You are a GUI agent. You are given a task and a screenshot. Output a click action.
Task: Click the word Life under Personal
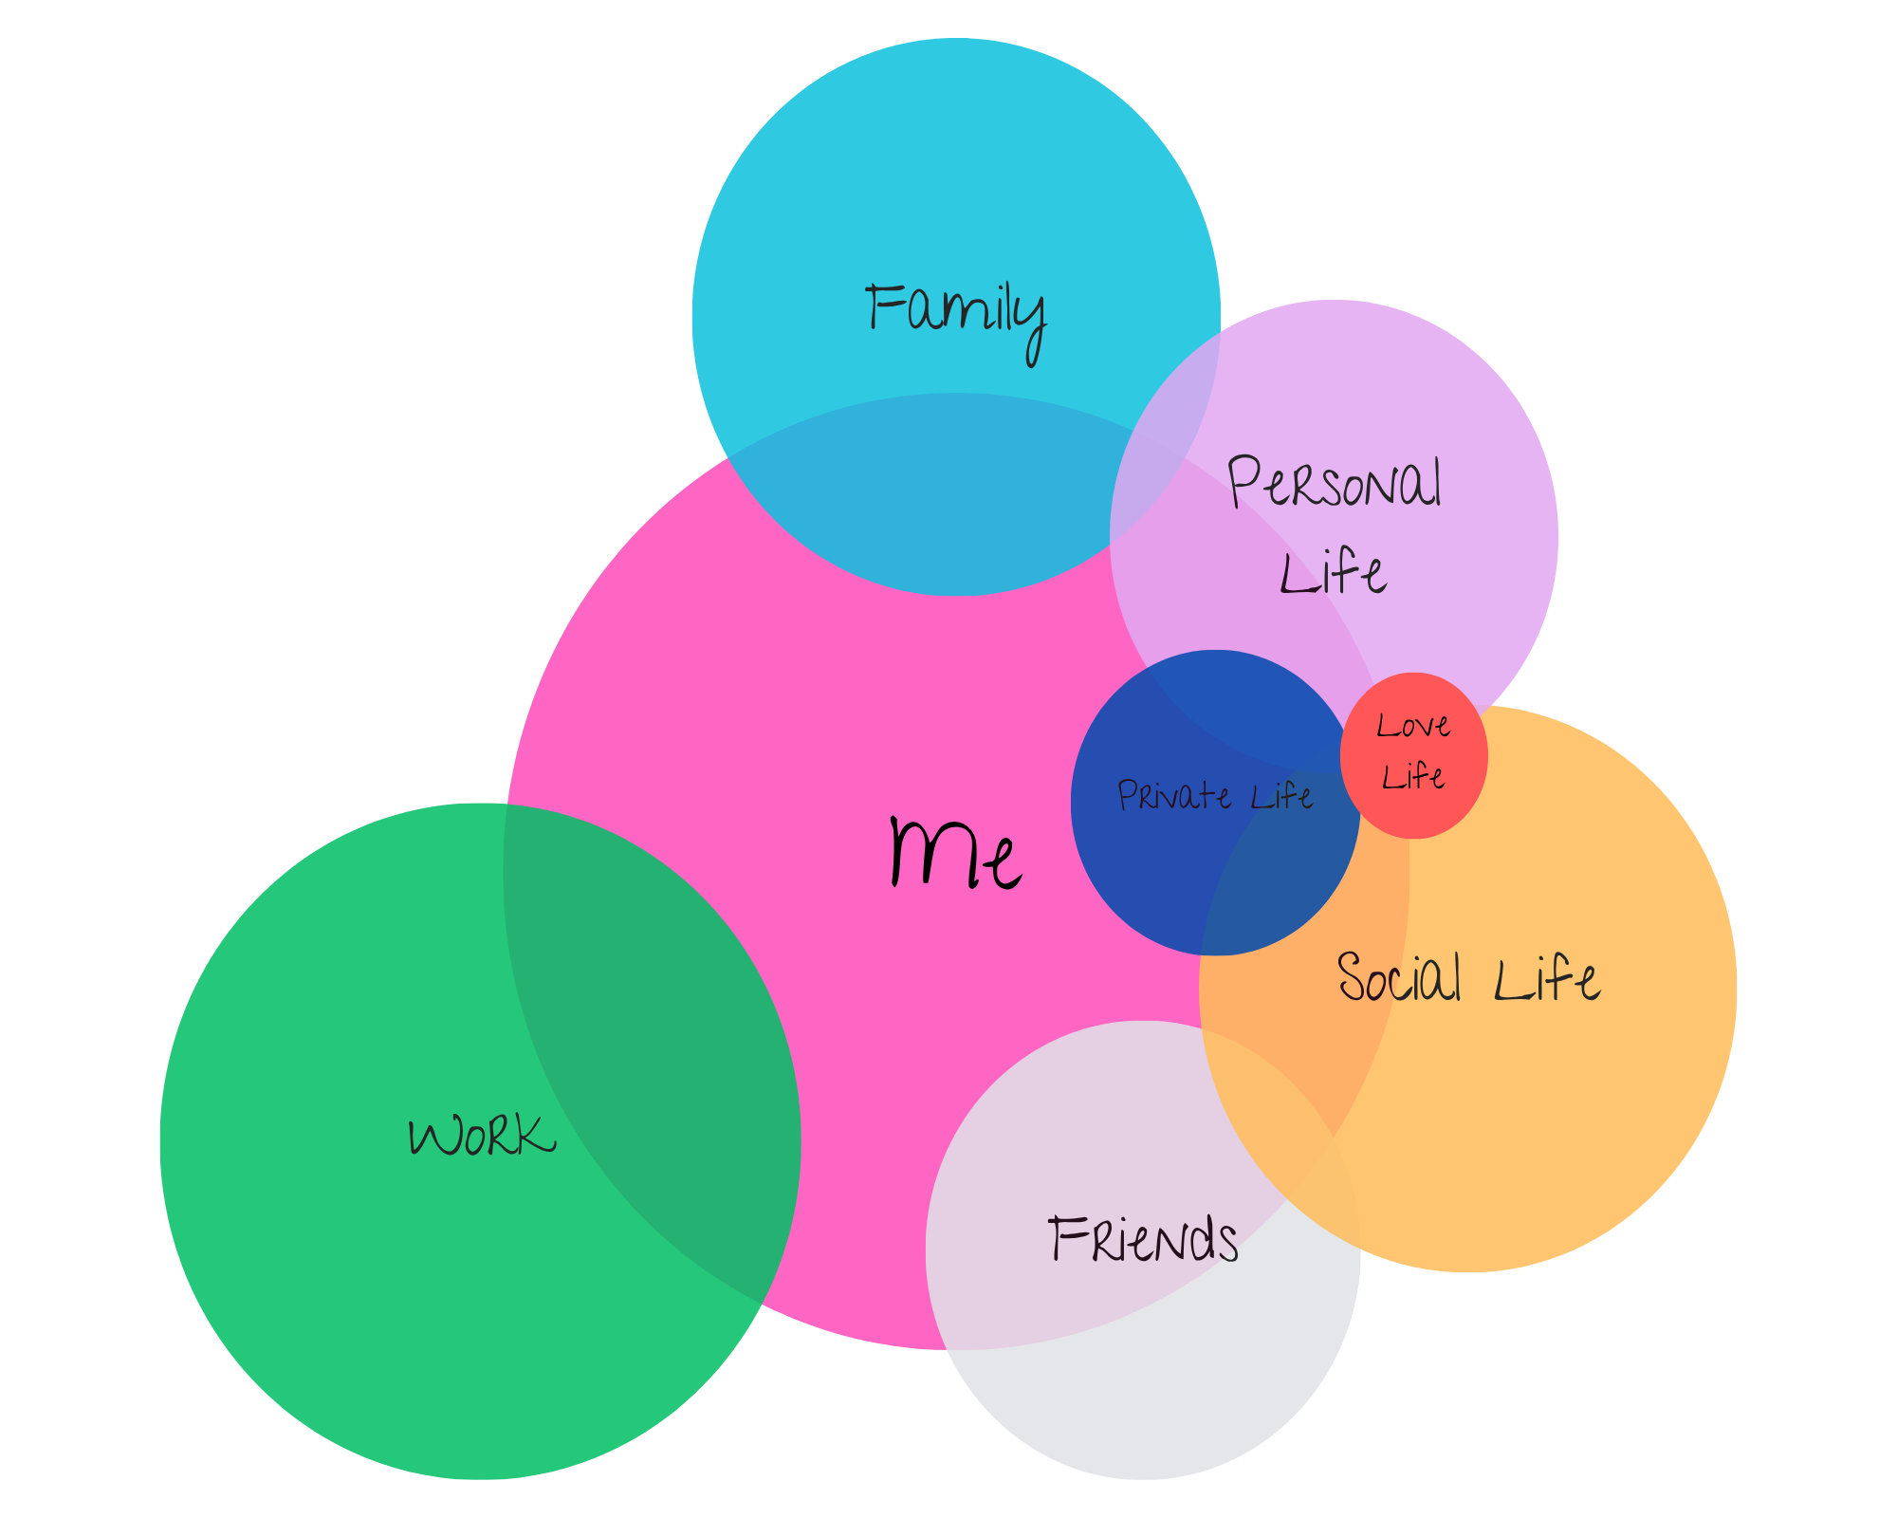coord(1333,573)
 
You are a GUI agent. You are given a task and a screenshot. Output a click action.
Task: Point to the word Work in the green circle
coord(482,1136)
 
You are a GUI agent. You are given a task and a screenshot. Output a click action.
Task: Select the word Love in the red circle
coord(1413,727)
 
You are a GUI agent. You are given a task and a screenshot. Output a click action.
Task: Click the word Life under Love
coord(1413,777)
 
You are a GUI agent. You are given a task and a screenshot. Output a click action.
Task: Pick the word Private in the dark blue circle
coord(1174,795)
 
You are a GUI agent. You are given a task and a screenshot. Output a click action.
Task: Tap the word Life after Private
coord(1281,795)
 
